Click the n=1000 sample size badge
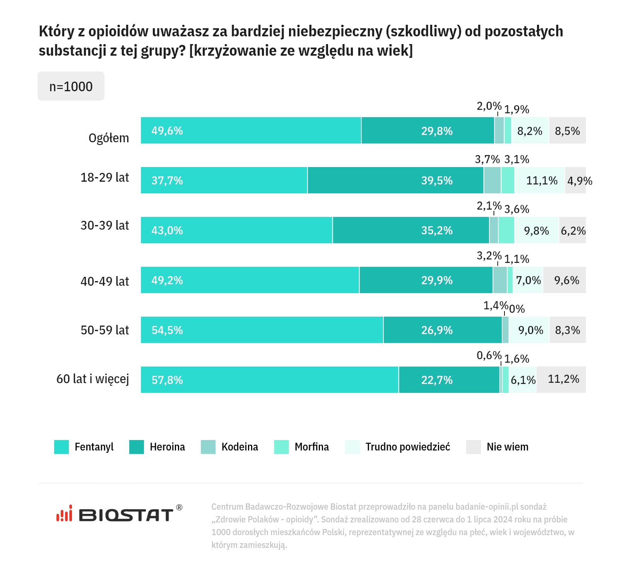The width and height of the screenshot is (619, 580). (71, 86)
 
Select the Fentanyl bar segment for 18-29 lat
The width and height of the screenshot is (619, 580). (224, 180)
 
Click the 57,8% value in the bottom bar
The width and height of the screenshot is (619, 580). (167, 380)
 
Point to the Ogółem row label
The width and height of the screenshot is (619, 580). (109, 138)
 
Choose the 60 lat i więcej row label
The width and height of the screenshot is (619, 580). (93, 379)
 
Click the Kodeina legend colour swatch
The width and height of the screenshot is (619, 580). (208, 447)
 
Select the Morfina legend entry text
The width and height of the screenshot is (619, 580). (311, 447)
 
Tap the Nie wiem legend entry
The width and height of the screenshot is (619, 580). (507, 447)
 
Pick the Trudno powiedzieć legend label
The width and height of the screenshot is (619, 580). (408, 447)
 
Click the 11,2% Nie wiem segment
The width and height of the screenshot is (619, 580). (563, 379)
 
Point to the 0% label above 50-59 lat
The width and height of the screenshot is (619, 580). (517, 309)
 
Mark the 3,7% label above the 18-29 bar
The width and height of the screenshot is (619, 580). (487, 159)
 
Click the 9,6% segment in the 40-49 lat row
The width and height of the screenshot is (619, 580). (566, 280)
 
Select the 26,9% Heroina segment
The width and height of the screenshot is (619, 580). (437, 330)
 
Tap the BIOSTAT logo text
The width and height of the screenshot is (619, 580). (126, 515)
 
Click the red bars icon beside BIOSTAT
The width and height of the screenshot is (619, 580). (64, 514)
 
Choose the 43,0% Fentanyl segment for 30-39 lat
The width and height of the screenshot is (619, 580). (236, 230)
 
